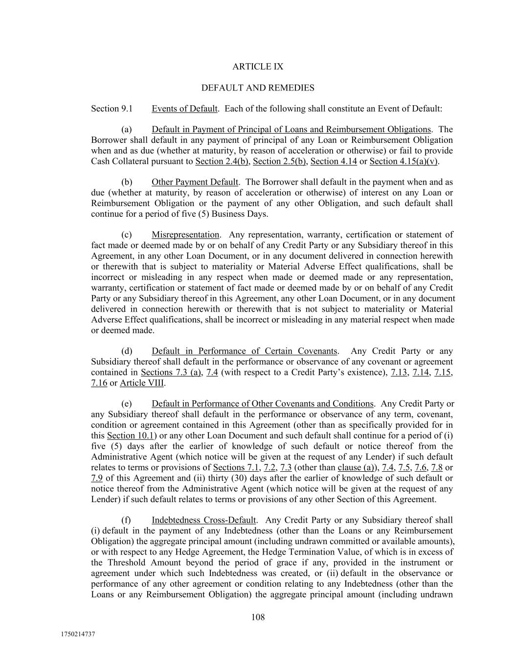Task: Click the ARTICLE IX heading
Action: pyautogui.click(x=258, y=67)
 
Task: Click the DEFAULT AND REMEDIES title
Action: pyautogui.click(x=258, y=88)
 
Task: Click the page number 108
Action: pyautogui.click(x=258, y=617)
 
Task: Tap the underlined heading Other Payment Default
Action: pyautogui.click(x=195, y=182)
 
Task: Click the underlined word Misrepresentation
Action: pyautogui.click(x=185, y=235)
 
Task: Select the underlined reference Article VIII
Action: pyautogui.click(x=142, y=383)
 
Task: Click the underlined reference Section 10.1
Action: pyautogui.click(x=131, y=436)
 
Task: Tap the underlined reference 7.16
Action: pyautogui.click(x=99, y=383)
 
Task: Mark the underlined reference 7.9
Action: pyautogui.click(x=96, y=478)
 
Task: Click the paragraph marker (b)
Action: pyautogui.click(x=127, y=182)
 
